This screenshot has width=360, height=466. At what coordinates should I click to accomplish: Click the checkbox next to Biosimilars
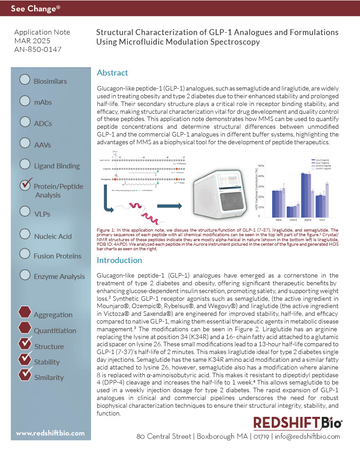coord(25,80)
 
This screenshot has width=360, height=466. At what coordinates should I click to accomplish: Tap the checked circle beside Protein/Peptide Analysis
coord(25,185)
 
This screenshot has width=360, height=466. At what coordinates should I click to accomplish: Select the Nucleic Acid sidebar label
coord(53,236)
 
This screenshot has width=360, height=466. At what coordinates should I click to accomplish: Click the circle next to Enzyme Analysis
coord(25,275)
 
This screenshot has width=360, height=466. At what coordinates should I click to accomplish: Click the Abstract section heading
coord(112,73)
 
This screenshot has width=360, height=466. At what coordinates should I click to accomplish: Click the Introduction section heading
coord(119,260)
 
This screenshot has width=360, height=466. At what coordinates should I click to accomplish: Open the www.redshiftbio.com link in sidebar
coord(51,433)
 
